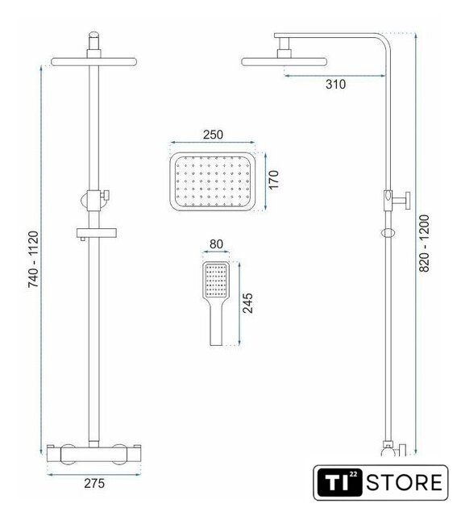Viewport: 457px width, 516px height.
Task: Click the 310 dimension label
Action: click(335, 84)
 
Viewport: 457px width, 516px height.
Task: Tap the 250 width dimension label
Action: click(213, 135)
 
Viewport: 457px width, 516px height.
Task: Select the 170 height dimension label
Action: click(273, 179)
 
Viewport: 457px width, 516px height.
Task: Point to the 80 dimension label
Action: click(216, 244)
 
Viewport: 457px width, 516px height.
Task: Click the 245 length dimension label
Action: click(247, 303)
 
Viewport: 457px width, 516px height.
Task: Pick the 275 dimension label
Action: click(94, 483)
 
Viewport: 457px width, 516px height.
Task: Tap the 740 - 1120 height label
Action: click(33, 260)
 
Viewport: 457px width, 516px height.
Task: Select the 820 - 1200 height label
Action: click(424, 243)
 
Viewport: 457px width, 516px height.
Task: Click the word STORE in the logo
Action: click(405, 482)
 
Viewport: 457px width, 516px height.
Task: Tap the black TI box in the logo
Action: click(339, 482)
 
